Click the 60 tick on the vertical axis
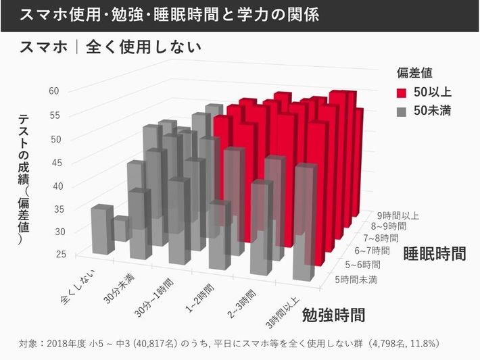(55, 91)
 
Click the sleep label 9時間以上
(398, 216)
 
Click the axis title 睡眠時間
(435, 254)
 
